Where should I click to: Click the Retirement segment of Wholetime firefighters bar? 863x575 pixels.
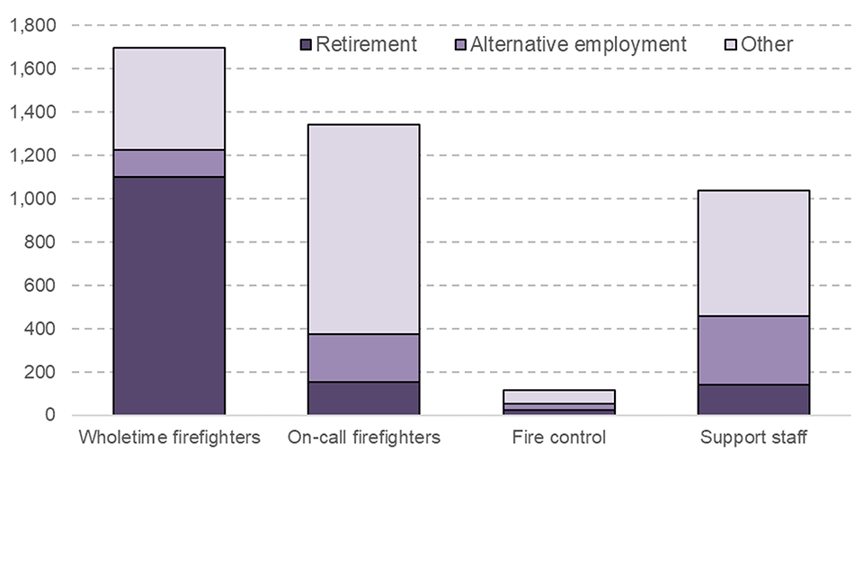(x=168, y=296)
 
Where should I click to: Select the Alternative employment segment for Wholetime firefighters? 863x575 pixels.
(x=168, y=164)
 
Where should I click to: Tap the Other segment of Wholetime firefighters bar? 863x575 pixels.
(x=168, y=99)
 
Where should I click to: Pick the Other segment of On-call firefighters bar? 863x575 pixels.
(x=363, y=229)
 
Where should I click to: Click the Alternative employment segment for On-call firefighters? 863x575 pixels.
(x=363, y=358)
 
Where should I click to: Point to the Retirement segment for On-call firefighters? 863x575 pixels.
(x=363, y=398)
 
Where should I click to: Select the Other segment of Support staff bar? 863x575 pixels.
(x=753, y=252)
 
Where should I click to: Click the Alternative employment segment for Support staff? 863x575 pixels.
(x=753, y=349)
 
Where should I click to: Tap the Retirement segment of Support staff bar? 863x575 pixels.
(x=753, y=400)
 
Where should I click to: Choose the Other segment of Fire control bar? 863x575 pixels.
(x=558, y=396)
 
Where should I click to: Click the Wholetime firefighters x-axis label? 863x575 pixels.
(x=169, y=438)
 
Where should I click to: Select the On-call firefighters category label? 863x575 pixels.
(x=364, y=438)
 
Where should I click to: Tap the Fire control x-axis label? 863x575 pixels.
(x=558, y=438)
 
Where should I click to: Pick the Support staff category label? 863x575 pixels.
(x=753, y=438)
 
